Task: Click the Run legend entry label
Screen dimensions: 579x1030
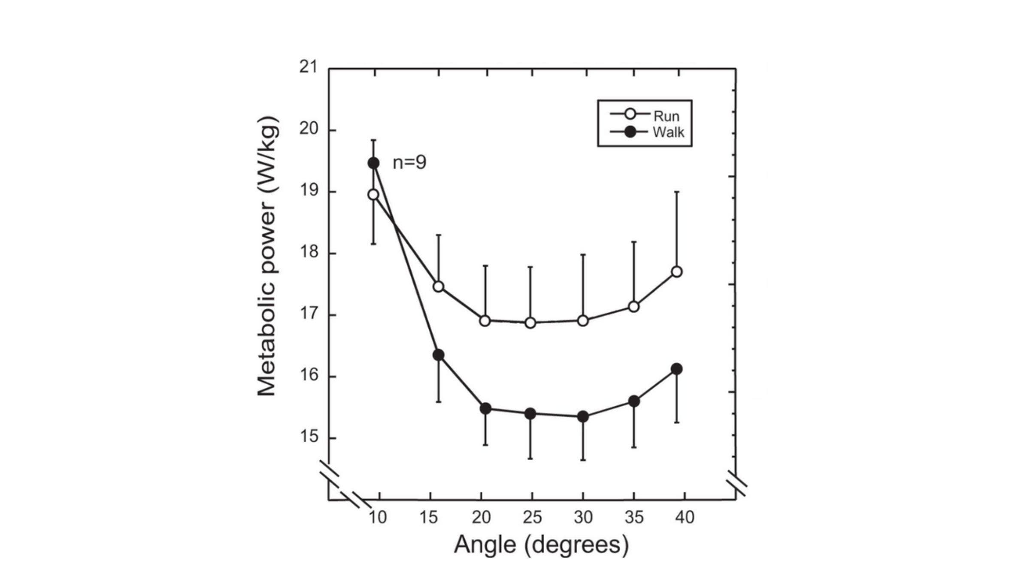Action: pos(666,116)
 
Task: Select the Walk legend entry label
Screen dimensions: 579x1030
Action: pos(668,132)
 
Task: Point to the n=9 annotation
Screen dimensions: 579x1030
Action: pos(409,163)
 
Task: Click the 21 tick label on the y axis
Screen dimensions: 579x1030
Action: pos(309,67)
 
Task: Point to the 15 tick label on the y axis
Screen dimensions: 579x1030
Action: pos(309,437)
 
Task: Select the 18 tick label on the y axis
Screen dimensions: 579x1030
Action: pos(309,252)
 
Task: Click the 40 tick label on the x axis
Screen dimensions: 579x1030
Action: pos(685,517)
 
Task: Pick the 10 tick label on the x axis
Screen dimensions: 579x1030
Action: pos(378,517)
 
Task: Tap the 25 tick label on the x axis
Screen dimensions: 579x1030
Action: pos(532,517)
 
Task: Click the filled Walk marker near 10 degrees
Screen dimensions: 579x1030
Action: pos(373,163)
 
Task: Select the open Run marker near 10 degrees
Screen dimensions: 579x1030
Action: pos(373,195)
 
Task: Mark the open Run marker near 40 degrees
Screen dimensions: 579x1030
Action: pos(677,271)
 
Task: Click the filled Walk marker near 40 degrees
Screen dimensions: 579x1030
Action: pos(677,369)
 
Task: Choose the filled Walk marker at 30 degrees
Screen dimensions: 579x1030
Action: pos(583,416)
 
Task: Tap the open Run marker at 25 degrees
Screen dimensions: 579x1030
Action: pos(530,323)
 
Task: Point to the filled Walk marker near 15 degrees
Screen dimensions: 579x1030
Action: pos(439,355)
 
